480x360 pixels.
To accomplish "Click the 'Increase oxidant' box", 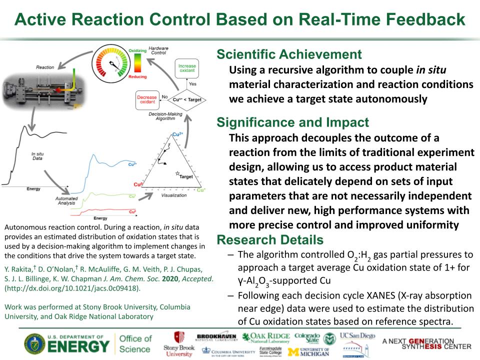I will tap(187, 69).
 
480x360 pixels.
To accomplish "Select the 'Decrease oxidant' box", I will tap(147, 100).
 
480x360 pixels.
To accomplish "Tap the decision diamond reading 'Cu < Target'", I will tap(187, 100).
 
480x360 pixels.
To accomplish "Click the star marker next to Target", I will tap(177, 173).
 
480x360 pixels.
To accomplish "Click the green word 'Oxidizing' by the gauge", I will tap(137, 50).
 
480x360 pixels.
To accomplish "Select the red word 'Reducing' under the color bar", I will tap(137, 77).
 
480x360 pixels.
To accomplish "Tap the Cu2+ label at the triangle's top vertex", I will tap(177, 134).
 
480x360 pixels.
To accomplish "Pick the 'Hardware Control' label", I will tap(158, 50).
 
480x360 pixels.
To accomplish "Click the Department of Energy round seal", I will tap(34, 344).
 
